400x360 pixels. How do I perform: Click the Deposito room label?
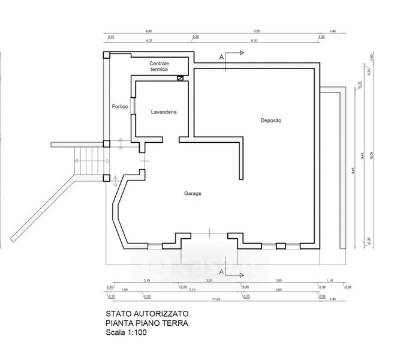tap(271, 121)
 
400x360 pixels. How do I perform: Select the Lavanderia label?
tap(163, 112)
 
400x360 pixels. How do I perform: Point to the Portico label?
tap(120, 107)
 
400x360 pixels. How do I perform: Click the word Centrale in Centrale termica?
tap(159, 64)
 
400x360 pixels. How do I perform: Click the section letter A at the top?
tap(222, 56)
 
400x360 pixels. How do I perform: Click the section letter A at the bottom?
tap(222, 272)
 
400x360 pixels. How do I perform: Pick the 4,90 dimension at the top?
tap(149, 30)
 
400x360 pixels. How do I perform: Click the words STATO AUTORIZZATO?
tap(147, 314)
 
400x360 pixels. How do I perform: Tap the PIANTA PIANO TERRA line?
tap(146, 323)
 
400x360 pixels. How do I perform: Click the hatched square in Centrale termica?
tap(179, 77)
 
